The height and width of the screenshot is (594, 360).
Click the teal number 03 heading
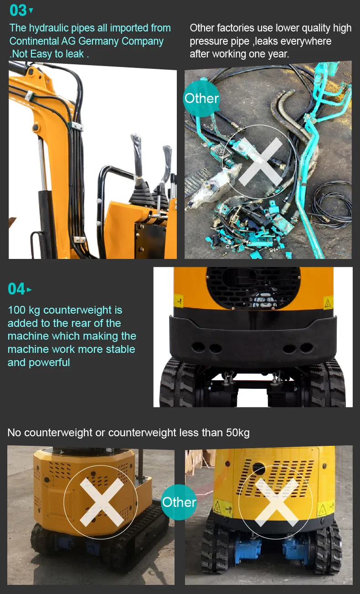(x=18, y=10)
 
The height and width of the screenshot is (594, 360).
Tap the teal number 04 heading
(x=16, y=289)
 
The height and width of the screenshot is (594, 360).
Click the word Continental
(x=34, y=41)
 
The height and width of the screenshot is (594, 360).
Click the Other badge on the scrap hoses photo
(x=201, y=98)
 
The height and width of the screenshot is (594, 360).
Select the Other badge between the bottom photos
(x=179, y=502)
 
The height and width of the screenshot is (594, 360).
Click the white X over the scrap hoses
(x=261, y=161)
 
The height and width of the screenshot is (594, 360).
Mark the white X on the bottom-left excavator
(x=101, y=502)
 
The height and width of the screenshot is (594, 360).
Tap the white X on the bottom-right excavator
(x=276, y=502)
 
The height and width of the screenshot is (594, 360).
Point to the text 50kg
(x=238, y=433)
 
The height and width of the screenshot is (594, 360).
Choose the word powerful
(x=49, y=362)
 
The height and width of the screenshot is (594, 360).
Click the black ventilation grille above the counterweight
(x=253, y=288)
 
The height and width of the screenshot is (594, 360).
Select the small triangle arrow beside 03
(x=31, y=10)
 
